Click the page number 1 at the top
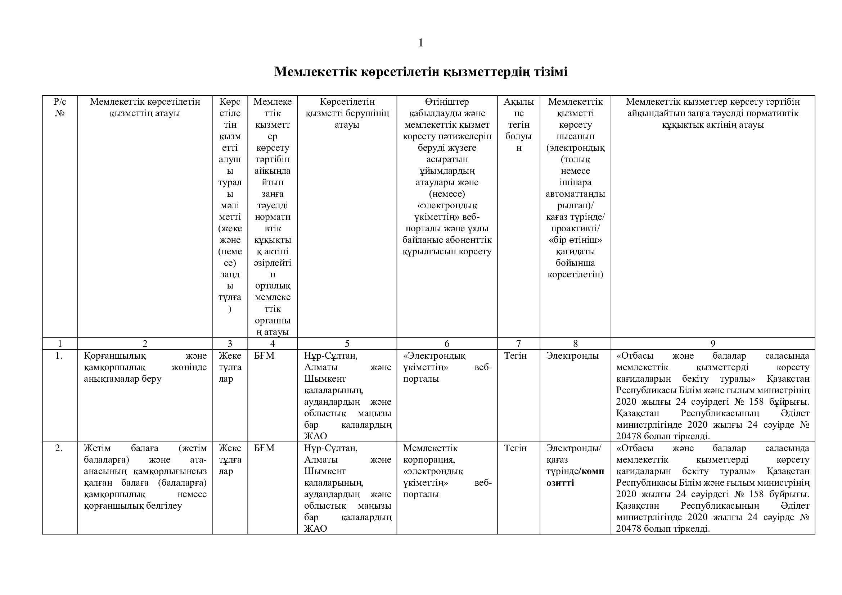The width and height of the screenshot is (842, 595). point(420,43)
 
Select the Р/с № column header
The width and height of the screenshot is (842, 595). point(60,107)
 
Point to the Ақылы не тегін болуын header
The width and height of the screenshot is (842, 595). point(518,124)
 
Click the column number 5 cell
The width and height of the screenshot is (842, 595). point(347,344)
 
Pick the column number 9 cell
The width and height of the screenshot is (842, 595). point(712,344)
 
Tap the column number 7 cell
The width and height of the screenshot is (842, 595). point(518,344)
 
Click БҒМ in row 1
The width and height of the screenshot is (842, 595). point(264,356)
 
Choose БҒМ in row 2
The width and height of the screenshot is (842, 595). point(264,448)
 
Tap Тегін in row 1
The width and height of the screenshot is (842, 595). point(515,356)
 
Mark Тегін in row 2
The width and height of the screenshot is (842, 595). point(515,448)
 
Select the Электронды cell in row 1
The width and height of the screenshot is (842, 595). point(572,356)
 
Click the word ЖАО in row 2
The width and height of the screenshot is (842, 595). point(315,529)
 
